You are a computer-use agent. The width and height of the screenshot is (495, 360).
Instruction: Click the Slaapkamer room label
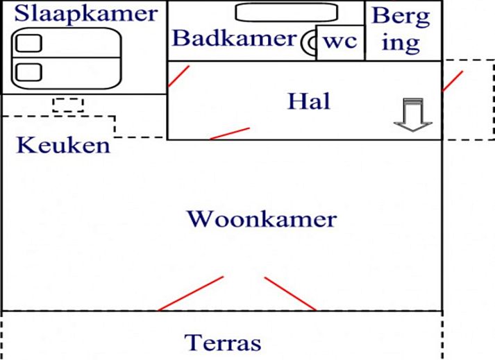[86, 13]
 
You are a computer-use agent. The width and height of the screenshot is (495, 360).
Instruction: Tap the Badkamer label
[234, 38]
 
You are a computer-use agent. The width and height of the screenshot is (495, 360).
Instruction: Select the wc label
[341, 42]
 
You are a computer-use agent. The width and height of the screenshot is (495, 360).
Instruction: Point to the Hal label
[309, 101]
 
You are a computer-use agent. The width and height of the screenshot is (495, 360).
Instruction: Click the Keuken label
[63, 146]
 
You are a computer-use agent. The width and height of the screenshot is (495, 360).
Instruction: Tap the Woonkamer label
[262, 219]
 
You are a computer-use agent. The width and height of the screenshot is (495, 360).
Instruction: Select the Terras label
[223, 343]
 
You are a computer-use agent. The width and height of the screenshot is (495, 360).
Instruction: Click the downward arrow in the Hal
[413, 115]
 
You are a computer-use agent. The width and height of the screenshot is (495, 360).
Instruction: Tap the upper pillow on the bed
[28, 43]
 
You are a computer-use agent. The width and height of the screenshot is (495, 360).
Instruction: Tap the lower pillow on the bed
[28, 71]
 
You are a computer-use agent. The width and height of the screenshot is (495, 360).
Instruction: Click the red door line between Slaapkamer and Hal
[178, 76]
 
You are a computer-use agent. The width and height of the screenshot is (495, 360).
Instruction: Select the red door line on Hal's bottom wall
[229, 133]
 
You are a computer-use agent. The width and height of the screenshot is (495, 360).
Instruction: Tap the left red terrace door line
[191, 293]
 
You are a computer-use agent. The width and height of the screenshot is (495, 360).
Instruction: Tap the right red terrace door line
[290, 293]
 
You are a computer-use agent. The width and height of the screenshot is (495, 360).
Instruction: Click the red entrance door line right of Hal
[453, 80]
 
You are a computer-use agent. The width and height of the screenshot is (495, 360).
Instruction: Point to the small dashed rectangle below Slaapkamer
[68, 105]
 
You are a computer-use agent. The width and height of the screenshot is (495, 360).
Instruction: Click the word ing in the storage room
[402, 43]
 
